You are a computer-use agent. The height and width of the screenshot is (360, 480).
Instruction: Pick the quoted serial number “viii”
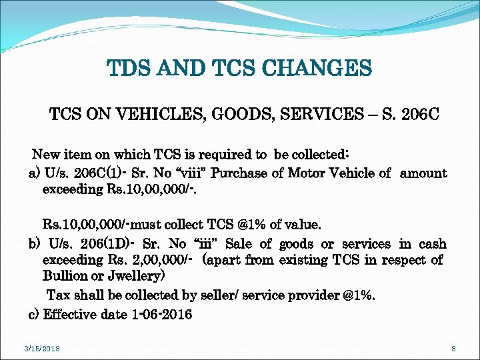point(190,173)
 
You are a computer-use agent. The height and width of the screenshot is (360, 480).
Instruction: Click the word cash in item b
point(431,244)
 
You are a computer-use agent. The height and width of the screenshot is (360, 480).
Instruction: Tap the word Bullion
point(67,276)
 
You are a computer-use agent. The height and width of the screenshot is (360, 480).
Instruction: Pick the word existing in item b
point(300,260)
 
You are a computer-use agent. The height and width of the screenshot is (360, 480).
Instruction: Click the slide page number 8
point(453,349)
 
